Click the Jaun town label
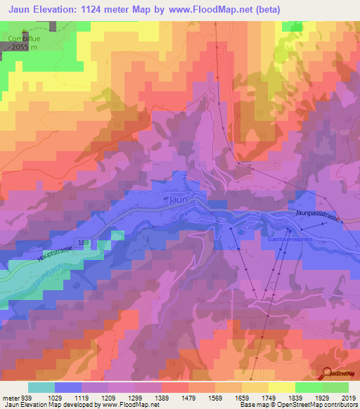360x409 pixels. pos(179,199)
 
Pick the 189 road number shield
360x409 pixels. pos(85,242)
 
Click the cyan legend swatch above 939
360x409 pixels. pos(41,387)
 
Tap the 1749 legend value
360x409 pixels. pos(257,397)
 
